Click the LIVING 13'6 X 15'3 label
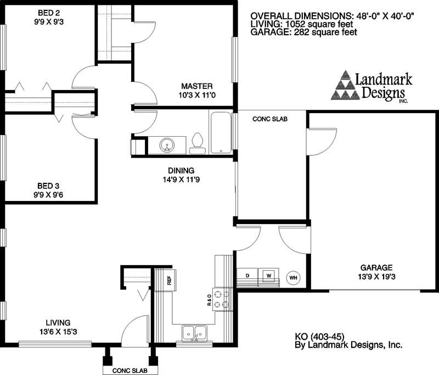click(58, 326)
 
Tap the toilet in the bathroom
click(197, 144)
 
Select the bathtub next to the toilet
click(220, 132)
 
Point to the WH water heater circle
click(293, 277)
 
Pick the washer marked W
click(269, 276)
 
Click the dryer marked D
click(247, 276)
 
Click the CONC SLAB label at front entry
click(129, 371)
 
